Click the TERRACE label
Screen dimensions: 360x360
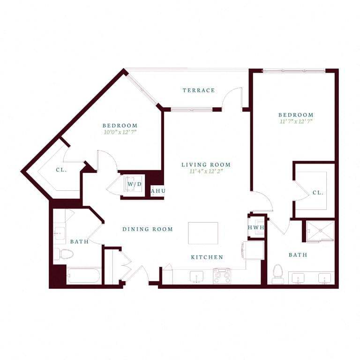coord(199,90)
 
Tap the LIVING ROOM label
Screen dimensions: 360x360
coord(206,165)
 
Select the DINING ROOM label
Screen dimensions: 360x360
coord(148,229)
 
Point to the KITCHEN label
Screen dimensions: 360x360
coord(207,257)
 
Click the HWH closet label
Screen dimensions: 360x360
coord(256,227)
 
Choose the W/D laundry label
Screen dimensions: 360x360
coord(135,184)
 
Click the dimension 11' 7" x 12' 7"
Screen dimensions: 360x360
coord(295,121)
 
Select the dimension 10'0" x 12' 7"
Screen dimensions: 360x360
coord(120,132)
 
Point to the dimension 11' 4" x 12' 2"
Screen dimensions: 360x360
coord(206,172)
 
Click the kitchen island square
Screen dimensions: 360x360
coord(203,233)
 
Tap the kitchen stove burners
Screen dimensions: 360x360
coord(222,276)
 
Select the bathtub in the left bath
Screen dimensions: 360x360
coord(83,276)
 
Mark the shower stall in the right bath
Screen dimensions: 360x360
coord(320,230)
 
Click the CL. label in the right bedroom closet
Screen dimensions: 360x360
coord(318,192)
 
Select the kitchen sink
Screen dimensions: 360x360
coord(196,277)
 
